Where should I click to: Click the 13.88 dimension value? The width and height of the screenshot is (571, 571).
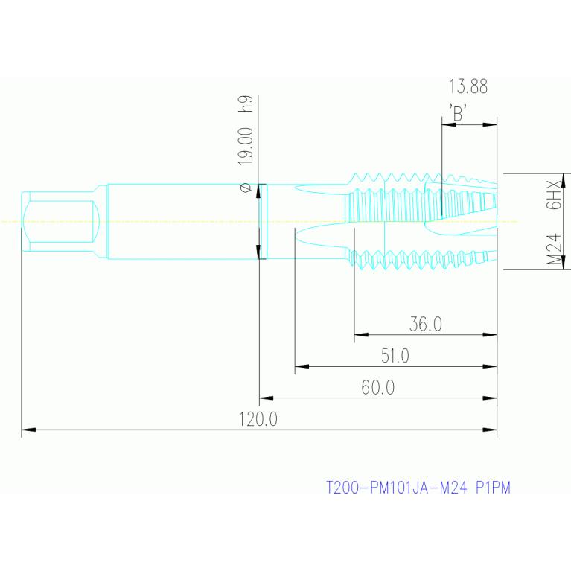pyautogui.click(x=468, y=86)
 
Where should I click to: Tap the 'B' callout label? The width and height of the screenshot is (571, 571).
pyautogui.click(x=458, y=112)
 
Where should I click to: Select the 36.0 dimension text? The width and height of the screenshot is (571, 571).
pyautogui.click(x=426, y=324)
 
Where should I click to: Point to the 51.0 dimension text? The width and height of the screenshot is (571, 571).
pyautogui.click(x=395, y=356)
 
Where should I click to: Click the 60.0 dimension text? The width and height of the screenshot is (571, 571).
pyautogui.click(x=378, y=387)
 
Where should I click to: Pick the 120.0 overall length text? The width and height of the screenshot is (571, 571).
pyautogui.click(x=258, y=419)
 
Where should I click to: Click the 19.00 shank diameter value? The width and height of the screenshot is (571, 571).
pyautogui.click(x=245, y=146)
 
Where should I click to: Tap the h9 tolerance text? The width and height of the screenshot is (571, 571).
pyautogui.click(x=245, y=103)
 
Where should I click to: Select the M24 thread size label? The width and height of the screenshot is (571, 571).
pyautogui.click(x=554, y=249)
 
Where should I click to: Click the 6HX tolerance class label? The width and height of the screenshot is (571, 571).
pyautogui.click(x=554, y=195)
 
